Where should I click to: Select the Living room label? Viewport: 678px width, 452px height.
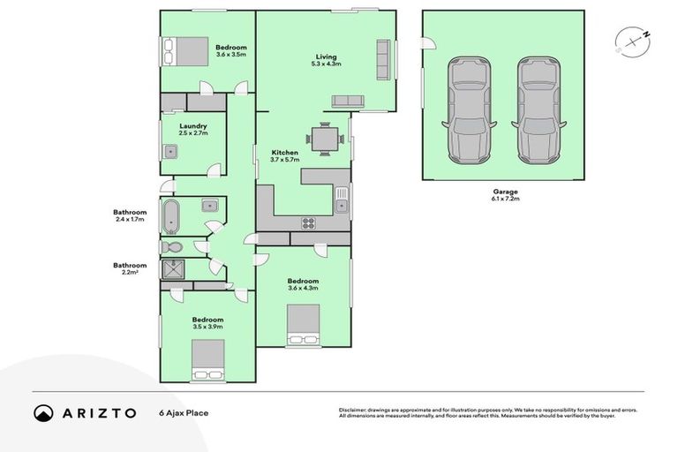coord(323,61)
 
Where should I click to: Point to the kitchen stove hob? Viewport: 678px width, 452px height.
coord(309,222)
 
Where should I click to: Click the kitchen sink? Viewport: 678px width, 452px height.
coord(343,200)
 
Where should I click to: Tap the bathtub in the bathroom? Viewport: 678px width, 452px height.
coord(170,215)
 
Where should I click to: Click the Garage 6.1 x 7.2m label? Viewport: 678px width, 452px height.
coord(505,195)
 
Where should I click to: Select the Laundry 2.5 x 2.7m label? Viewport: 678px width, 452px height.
coord(192,130)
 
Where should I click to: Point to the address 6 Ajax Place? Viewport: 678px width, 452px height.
coord(184,412)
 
